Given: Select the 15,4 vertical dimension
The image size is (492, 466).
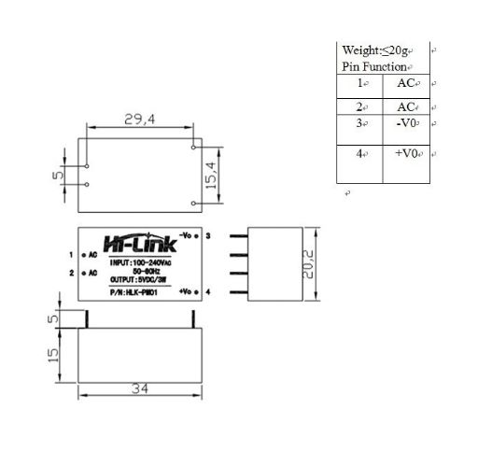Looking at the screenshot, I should tap(210, 175).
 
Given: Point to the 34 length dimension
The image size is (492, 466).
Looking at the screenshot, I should tap(140, 387).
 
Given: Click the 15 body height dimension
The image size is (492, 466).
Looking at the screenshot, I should tap(54, 354).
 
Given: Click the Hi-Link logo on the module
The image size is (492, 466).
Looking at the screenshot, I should tap(140, 245).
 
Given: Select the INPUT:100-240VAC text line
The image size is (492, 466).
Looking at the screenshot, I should tap(138, 263).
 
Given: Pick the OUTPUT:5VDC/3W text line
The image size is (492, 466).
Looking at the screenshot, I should tap(138, 280).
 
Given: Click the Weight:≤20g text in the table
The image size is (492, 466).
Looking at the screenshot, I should tap(374, 49).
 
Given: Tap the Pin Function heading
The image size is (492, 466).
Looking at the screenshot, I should tap(374, 67).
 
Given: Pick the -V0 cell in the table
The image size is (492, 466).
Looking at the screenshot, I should tap(406, 122).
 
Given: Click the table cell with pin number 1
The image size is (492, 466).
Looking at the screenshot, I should tap(362, 83).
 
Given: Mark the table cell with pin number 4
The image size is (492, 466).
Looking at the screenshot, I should tap(362, 153).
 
